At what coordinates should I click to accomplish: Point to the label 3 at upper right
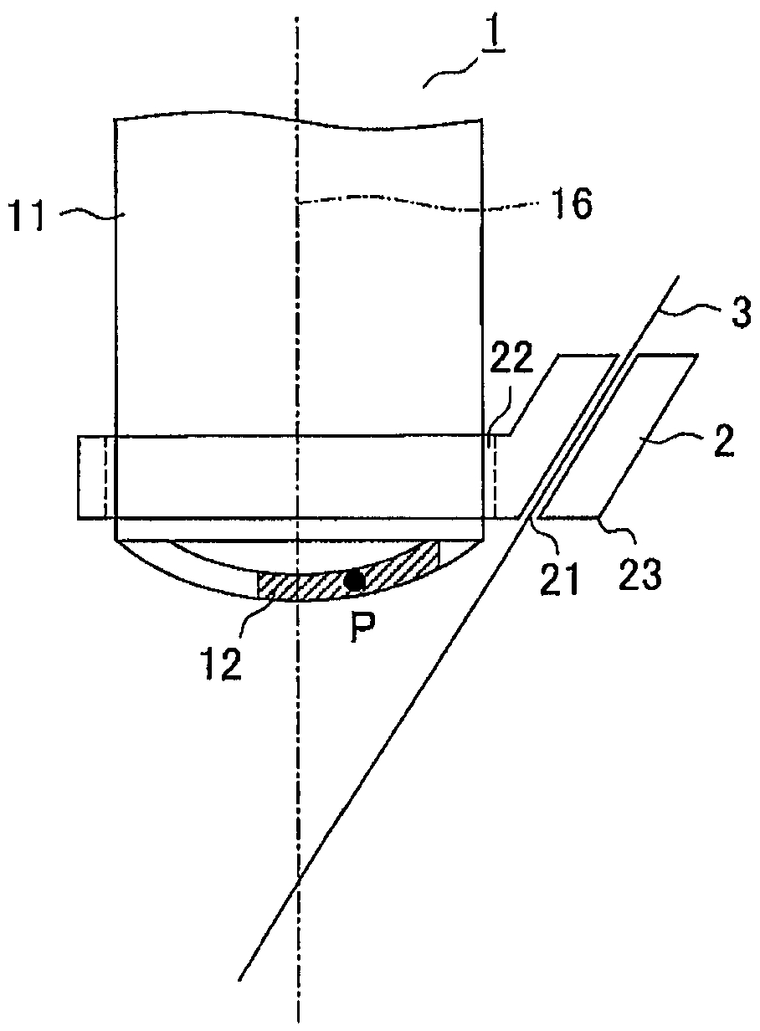[740, 313]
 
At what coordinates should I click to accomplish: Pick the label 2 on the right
[724, 439]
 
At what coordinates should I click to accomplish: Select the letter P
[362, 631]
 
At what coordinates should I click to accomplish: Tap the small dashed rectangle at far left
[91, 477]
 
